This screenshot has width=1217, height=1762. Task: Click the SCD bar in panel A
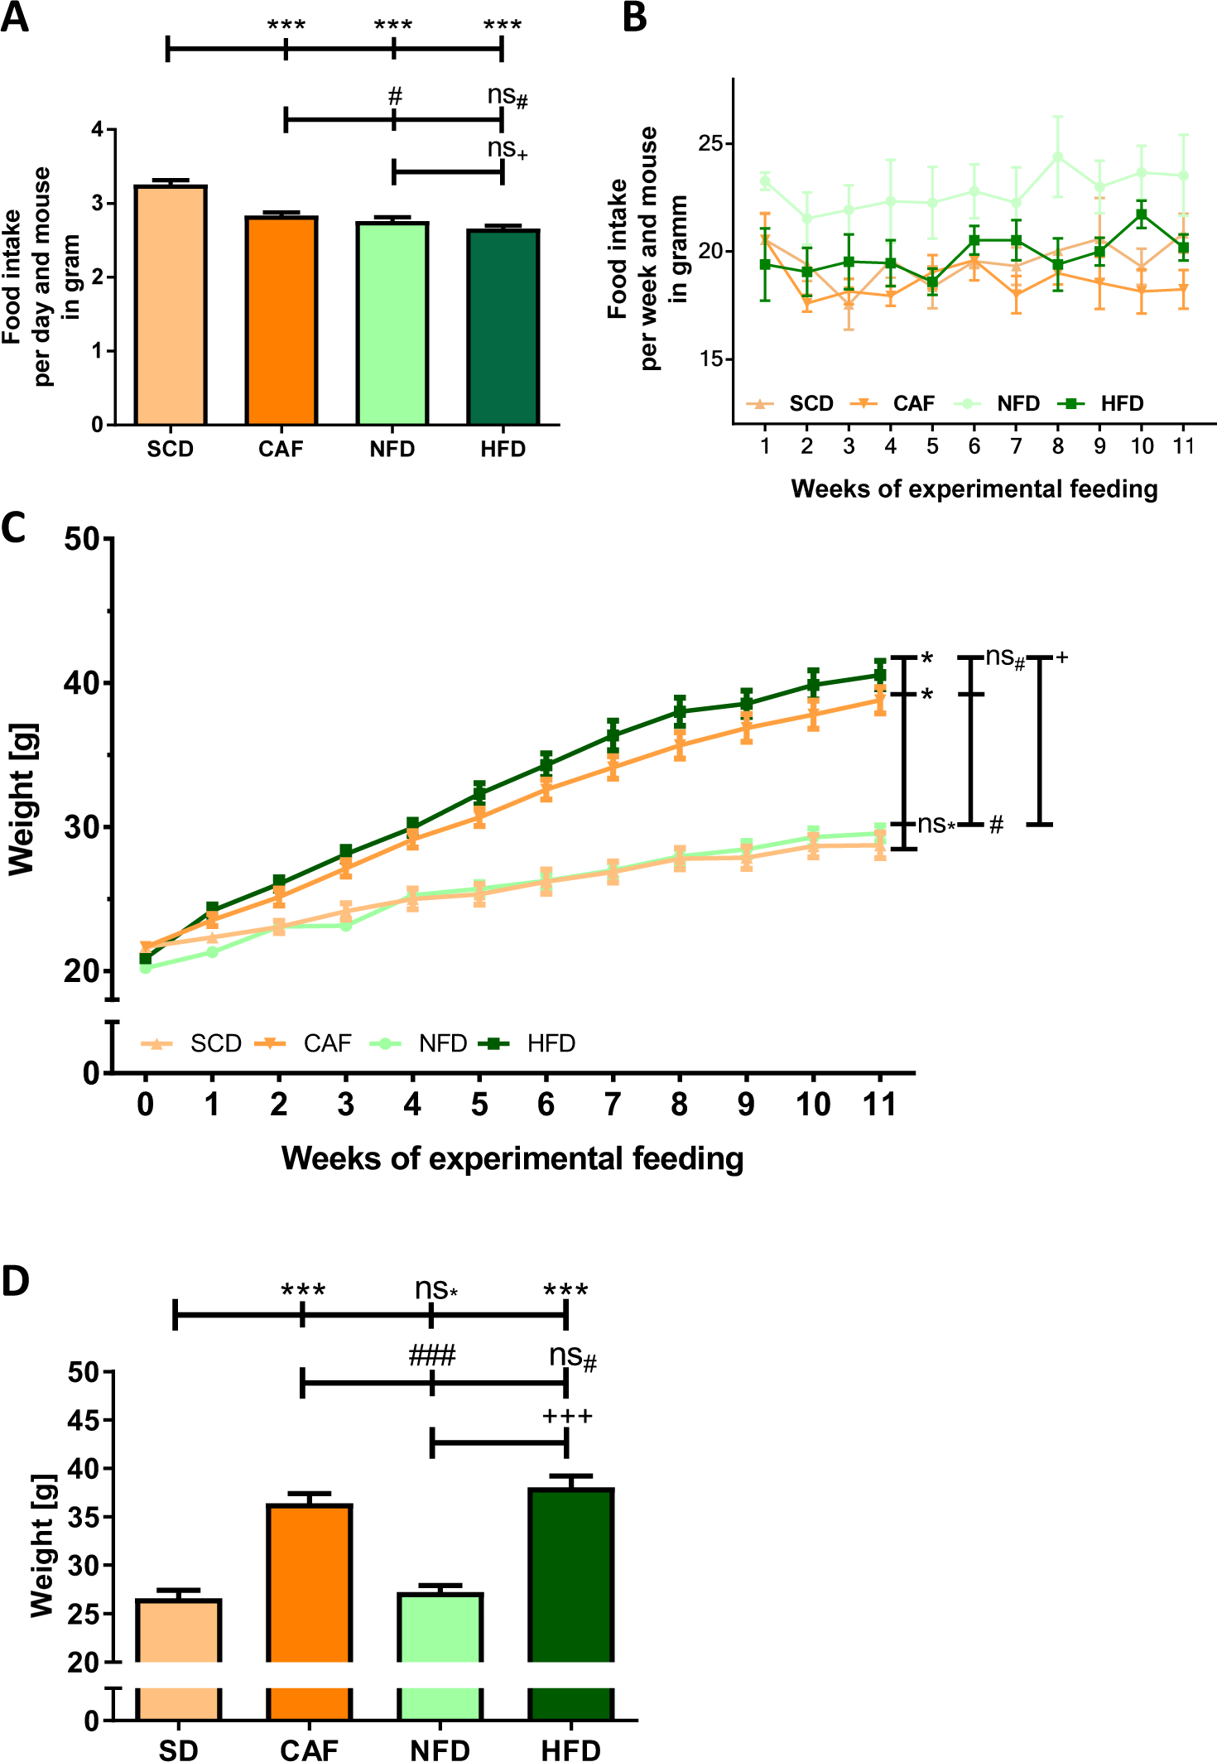coord(171,306)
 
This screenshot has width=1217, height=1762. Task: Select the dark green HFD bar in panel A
coord(503,327)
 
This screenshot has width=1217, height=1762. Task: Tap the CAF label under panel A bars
coord(281,450)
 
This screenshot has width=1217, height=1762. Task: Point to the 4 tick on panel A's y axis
coord(98,129)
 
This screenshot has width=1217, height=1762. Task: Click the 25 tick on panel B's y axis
coord(710,143)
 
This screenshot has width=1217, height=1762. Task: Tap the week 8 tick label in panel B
coord(1058,446)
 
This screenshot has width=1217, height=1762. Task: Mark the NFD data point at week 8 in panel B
coord(1058,156)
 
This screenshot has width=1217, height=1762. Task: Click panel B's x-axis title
coord(974,489)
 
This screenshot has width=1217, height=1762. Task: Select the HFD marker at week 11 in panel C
coord(880,675)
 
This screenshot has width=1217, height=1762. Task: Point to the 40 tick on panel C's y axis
coord(81,683)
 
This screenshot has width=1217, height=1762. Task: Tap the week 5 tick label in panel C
coord(479,1104)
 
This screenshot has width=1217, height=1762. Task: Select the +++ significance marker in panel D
coord(567,1417)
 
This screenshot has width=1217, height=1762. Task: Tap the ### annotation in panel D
coord(432,1356)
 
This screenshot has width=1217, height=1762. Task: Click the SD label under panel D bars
coord(179,1749)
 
